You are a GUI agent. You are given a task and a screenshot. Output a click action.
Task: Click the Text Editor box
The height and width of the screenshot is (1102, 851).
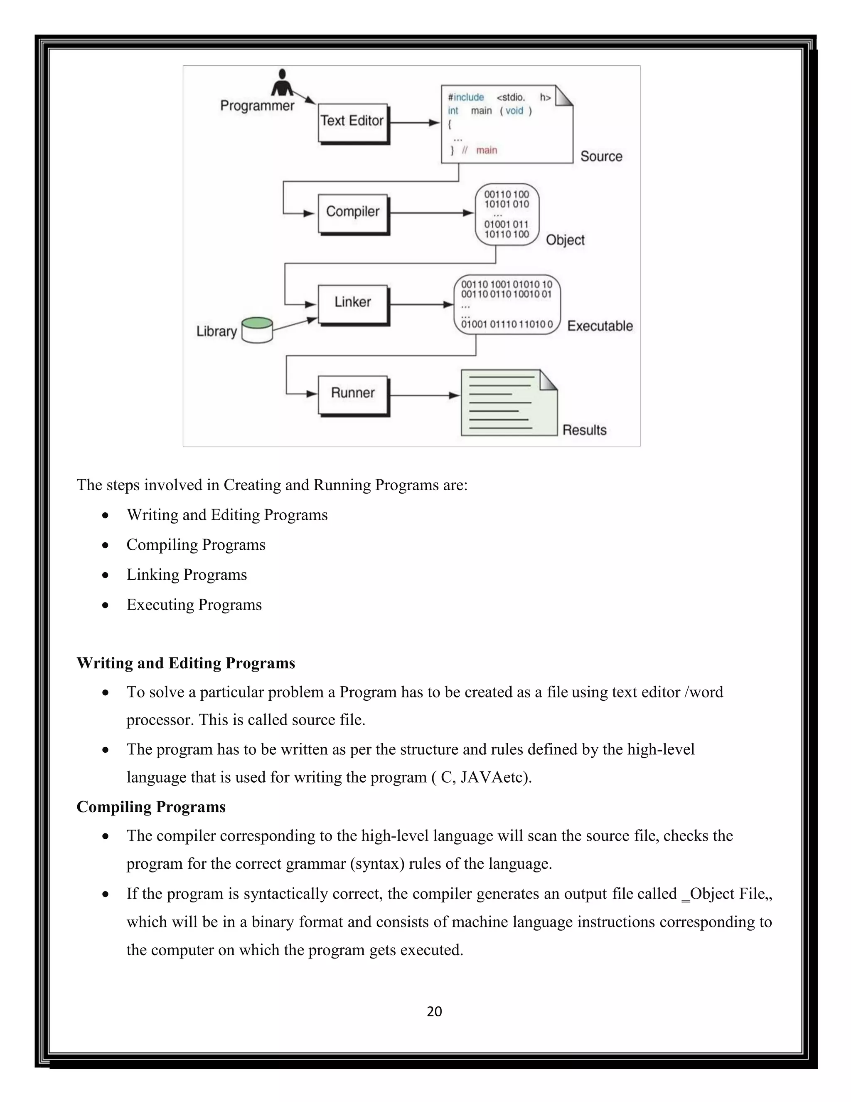tap(352, 122)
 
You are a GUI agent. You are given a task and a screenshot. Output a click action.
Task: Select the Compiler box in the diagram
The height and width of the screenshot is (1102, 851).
tap(352, 212)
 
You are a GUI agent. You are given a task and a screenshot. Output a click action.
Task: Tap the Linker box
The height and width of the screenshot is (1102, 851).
tap(352, 303)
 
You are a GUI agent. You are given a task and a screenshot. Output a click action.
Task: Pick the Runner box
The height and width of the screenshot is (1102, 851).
tap(352, 394)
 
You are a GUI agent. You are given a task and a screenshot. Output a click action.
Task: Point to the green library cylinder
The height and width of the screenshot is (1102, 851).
tap(257, 330)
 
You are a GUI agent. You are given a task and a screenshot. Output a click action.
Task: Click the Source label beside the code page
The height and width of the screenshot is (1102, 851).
tap(601, 156)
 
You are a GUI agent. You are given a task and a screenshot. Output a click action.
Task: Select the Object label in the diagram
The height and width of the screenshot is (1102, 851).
tap(565, 240)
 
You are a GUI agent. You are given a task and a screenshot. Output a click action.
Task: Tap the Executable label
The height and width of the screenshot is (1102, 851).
tap(600, 326)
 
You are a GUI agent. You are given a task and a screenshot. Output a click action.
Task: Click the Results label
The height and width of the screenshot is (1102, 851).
tap(584, 430)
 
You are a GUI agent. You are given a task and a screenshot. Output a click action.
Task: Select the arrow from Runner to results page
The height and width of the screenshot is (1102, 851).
tap(425, 395)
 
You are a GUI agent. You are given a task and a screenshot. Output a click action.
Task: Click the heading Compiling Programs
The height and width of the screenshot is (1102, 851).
tap(151, 806)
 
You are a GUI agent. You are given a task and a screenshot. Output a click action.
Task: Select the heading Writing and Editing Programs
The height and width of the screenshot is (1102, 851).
tap(185, 662)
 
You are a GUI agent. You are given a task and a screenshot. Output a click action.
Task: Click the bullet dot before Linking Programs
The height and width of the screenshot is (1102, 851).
tap(105, 575)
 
